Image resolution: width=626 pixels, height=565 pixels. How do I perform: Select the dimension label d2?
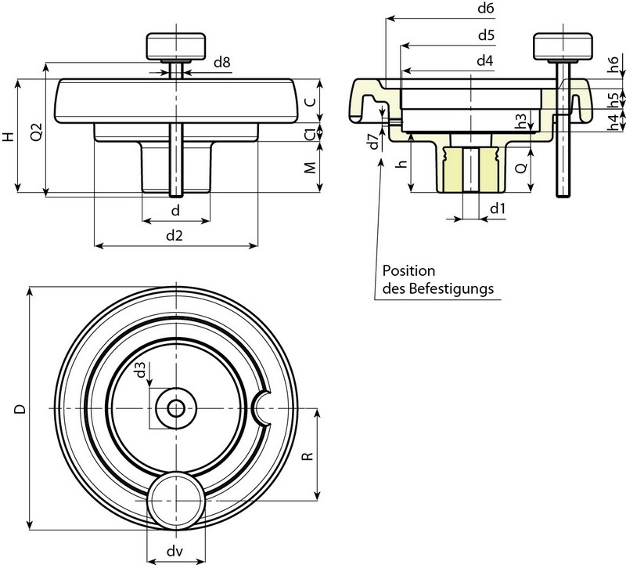point(175,235)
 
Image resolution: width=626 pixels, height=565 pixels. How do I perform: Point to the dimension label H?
point(8,136)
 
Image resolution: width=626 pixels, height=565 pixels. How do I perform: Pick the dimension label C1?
point(311,133)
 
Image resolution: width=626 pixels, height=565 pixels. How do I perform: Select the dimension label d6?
point(484,8)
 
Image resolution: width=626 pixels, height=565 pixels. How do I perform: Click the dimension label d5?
point(484,35)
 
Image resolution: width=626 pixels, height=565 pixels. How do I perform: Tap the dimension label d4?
point(484,61)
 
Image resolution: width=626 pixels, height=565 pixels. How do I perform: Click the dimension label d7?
point(373,141)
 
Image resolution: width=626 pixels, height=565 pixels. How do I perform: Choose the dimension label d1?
point(497,208)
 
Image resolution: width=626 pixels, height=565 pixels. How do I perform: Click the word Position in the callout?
point(407,270)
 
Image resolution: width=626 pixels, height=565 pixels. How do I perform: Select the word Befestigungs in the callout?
point(455,288)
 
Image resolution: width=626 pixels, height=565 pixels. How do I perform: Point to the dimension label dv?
point(175,551)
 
